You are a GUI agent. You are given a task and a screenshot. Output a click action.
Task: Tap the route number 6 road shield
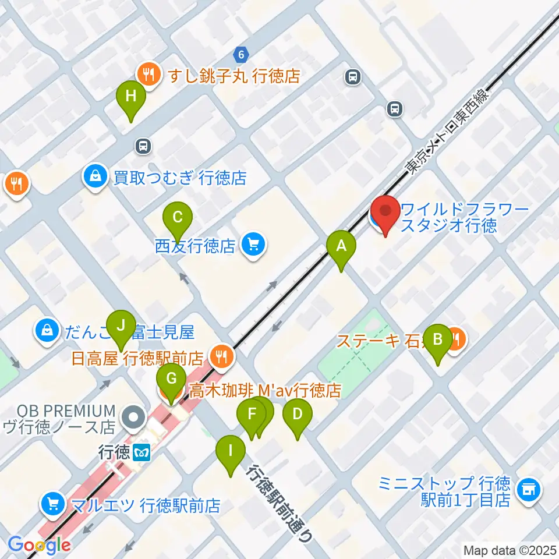point(240,55)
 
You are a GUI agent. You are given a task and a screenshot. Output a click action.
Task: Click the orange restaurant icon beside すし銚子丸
point(149,75)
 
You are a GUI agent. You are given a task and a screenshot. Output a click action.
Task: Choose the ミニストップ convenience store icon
point(529,488)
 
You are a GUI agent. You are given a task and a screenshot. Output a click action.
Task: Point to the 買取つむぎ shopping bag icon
point(94,176)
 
